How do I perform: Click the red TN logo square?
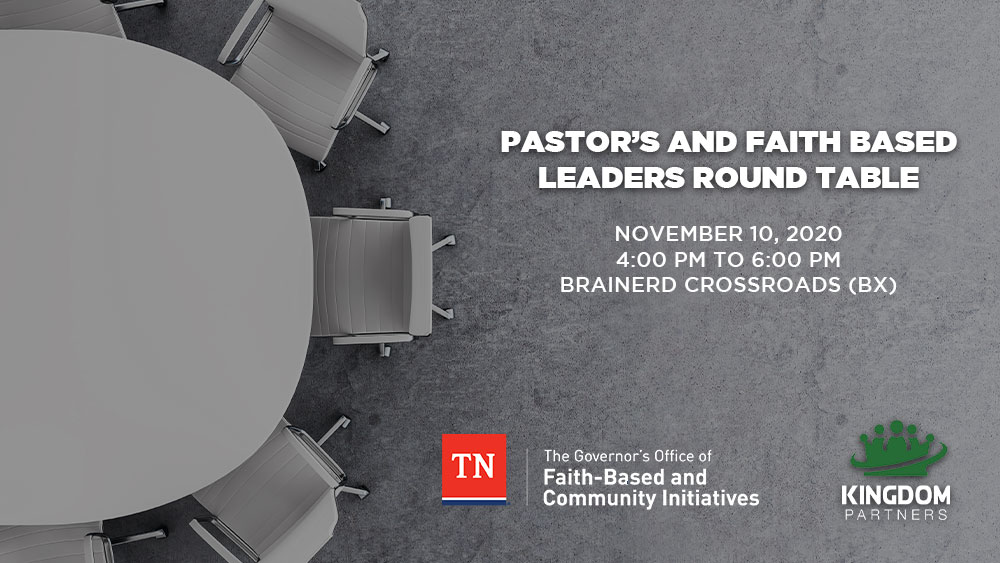point(474,469)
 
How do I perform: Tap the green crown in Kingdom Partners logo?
point(897,449)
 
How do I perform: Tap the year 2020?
point(814,233)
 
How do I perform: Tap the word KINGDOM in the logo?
point(896,495)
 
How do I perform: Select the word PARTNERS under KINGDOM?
point(896,514)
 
